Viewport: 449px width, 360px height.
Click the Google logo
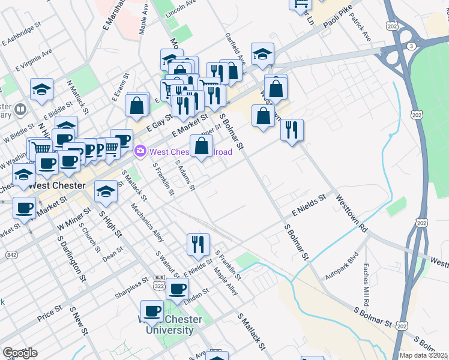(x=19, y=353)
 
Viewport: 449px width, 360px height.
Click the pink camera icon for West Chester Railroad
(x=140, y=151)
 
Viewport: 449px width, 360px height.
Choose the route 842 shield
(x=11, y=256)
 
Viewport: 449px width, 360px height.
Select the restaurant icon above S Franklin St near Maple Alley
(x=198, y=244)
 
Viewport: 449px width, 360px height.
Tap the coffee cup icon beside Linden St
(x=177, y=289)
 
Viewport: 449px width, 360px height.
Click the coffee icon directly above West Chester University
(x=152, y=310)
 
